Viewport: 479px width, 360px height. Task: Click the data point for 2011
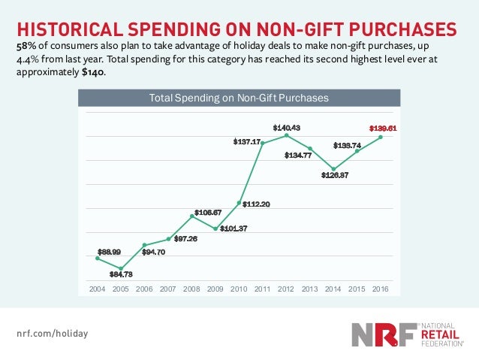[262, 143]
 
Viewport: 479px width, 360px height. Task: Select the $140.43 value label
[286, 127]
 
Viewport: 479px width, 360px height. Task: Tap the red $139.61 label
[383, 128]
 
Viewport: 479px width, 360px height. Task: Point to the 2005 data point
[121, 268]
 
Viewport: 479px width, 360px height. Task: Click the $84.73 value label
[121, 275]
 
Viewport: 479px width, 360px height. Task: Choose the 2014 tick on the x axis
[333, 289]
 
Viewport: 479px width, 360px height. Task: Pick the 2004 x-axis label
[98, 289]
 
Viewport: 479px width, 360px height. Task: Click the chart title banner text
[239, 98]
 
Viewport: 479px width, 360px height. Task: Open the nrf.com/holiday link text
[52, 331]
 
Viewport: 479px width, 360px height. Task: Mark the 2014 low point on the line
[333, 169]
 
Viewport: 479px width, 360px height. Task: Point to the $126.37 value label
[336, 176]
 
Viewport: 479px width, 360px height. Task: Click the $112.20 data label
[256, 204]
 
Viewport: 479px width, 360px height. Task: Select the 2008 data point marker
[192, 216]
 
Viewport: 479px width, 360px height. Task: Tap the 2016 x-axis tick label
[380, 289]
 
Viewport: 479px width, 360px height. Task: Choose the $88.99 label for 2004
[109, 251]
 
